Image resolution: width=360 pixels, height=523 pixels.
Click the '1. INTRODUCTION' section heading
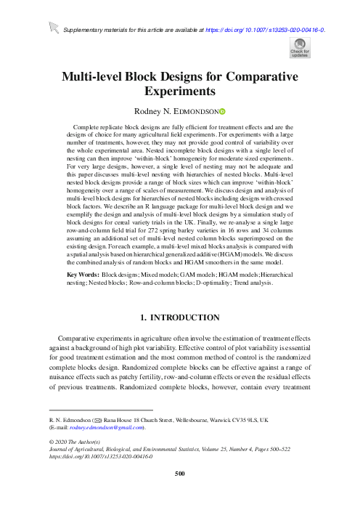pos(179,336)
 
